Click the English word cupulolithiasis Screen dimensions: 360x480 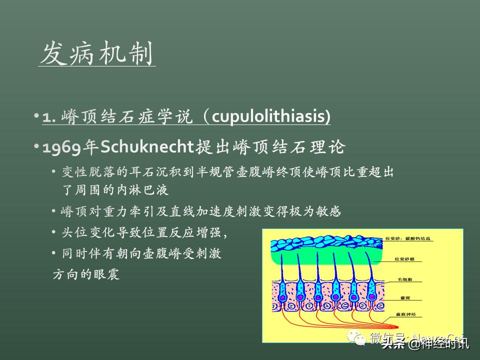pos(270,117)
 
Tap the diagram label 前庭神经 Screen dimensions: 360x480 pos(405,315)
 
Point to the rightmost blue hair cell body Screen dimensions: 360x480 pos(371,291)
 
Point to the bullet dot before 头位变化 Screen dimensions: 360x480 pos(54,232)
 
